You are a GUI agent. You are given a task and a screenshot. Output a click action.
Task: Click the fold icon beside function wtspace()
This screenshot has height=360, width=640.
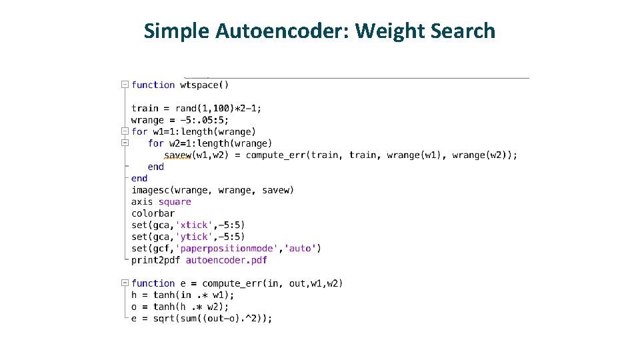point(125,85)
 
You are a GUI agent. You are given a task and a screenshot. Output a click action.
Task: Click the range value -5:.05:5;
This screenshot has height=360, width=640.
point(201,120)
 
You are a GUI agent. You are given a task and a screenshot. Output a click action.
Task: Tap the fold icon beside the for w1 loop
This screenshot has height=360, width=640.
point(125,131)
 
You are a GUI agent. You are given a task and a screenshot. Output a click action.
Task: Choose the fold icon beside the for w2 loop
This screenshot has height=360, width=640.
point(125,143)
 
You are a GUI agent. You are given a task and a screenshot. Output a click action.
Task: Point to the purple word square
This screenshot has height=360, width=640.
point(175,202)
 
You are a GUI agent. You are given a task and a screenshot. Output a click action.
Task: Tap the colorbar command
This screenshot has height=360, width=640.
point(153,213)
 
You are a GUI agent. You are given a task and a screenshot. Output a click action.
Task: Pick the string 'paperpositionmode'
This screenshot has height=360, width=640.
point(226,249)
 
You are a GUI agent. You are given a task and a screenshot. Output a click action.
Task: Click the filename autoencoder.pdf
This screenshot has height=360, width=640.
point(226,260)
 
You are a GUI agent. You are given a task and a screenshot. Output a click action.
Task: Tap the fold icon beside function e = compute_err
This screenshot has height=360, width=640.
point(125,283)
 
